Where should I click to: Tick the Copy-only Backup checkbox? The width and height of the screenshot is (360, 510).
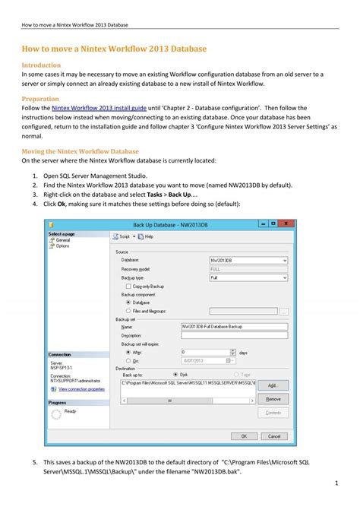click(x=128, y=286)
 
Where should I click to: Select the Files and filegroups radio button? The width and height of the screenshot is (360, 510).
click(x=128, y=310)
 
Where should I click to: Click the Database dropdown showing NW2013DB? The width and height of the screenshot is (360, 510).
click(x=248, y=261)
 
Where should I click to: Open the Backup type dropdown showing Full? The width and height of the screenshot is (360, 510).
click(x=248, y=277)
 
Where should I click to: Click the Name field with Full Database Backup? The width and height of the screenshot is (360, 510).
click(x=234, y=326)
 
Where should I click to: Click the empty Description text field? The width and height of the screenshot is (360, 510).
click(x=234, y=335)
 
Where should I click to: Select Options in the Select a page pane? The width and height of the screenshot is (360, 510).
click(x=62, y=245)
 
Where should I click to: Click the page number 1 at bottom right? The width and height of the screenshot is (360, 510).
click(x=336, y=483)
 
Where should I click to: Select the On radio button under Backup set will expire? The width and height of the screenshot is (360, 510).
click(x=128, y=362)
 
